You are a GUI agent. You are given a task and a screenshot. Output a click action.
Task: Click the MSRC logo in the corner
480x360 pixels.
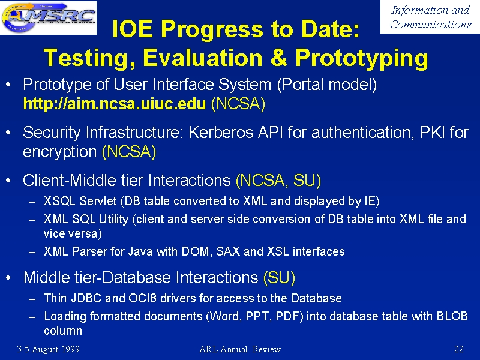[x=49, y=17]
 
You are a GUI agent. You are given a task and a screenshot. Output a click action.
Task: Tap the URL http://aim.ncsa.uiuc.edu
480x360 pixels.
[x=115, y=104]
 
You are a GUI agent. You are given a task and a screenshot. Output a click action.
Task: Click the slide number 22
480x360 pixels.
[x=459, y=349]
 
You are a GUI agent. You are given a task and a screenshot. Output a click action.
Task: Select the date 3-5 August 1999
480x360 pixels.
[x=49, y=349]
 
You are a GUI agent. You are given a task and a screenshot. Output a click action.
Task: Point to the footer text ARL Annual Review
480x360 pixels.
[x=240, y=349]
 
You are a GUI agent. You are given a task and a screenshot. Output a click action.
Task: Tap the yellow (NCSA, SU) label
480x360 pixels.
[x=278, y=181]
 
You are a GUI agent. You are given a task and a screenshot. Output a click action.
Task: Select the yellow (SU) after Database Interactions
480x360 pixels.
[x=279, y=278]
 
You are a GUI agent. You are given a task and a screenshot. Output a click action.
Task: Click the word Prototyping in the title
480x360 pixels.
[x=362, y=58]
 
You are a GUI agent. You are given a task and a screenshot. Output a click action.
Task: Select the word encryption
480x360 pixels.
[x=60, y=152]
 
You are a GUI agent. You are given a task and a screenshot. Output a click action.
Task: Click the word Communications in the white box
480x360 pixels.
[x=431, y=24]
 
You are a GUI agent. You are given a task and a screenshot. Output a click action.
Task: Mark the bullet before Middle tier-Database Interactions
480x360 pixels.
[x=8, y=278]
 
